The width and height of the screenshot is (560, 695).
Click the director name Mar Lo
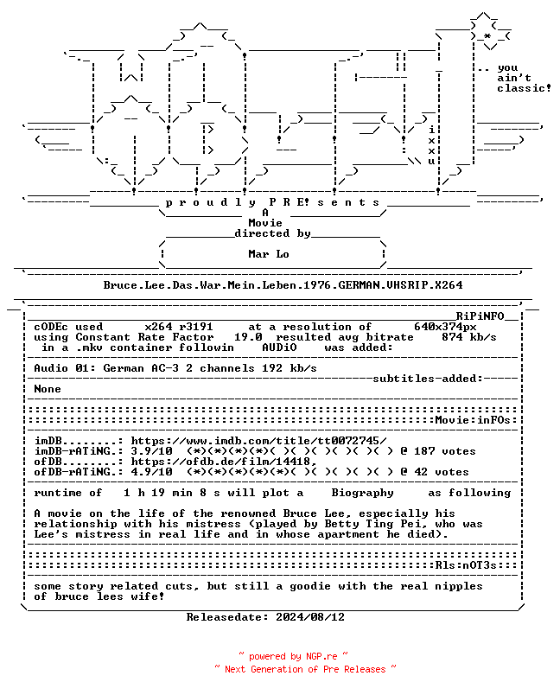click(x=269, y=254)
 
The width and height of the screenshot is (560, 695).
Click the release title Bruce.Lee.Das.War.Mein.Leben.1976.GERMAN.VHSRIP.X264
click(x=283, y=285)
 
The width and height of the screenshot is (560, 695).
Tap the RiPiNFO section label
click(x=480, y=316)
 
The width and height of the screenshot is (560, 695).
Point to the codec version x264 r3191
click(x=179, y=327)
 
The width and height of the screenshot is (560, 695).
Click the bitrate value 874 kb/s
click(x=468, y=337)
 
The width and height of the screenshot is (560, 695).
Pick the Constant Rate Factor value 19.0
click(x=248, y=337)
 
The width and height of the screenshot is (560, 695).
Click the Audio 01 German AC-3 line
click(x=175, y=368)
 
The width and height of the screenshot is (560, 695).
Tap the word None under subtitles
click(x=48, y=389)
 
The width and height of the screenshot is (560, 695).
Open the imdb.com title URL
click(x=258, y=441)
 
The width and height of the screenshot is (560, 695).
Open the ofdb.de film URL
click(x=224, y=462)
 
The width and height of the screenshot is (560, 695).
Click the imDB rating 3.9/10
click(x=151, y=451)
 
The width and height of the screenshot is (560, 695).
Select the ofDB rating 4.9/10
click(x=151, y=472)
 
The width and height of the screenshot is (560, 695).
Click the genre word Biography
click(x=362, y=493)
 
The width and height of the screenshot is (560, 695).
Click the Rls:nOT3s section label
click(x=466, y=565)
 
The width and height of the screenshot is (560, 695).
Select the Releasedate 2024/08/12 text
click(x=265, y=617)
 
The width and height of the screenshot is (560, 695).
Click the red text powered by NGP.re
click(x=293, y=656)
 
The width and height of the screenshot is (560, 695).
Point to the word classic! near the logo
click(x=524, y=88)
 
